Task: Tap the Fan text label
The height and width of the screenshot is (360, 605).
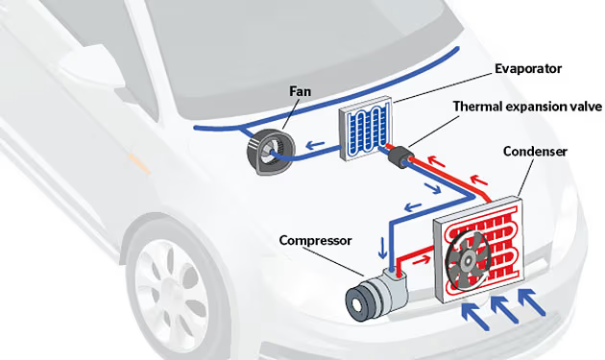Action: [x=301, y=91]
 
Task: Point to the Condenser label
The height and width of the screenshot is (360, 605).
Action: [x=536, y=152]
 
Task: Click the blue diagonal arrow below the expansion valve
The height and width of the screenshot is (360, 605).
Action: [x=432, y=186]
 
